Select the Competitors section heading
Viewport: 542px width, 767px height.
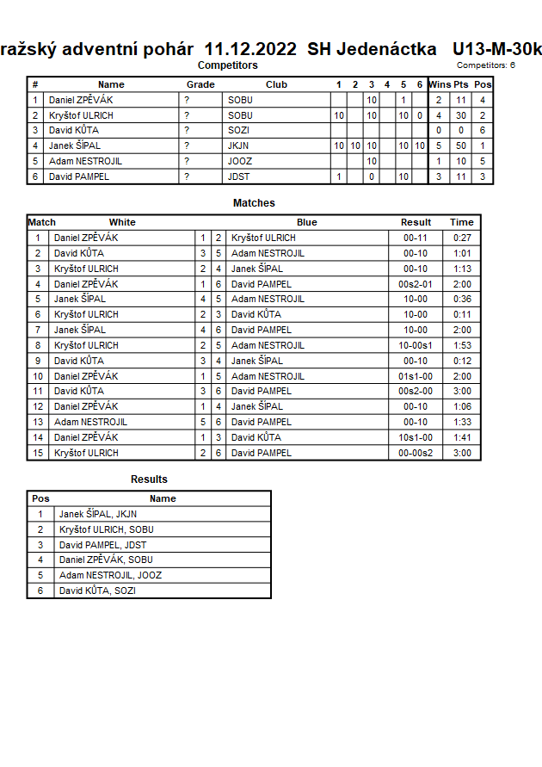pos(227,65)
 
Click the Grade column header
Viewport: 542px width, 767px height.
pos(200,84)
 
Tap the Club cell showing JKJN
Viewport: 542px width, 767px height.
pos(240,146)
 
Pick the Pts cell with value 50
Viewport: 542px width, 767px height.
pos(461,146)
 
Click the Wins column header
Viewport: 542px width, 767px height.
pos(439,84)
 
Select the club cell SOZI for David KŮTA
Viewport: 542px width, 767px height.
pos(239,131)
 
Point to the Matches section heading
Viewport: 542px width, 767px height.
pos(254,203)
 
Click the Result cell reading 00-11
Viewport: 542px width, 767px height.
pos(416,238)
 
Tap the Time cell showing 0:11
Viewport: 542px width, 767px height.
pos(462,315)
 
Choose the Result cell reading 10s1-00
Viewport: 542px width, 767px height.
pos(416,437)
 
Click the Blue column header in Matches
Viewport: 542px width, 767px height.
pos(307,222)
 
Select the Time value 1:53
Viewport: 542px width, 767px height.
pos(462,346)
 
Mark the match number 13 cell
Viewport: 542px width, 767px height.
pos(38,422)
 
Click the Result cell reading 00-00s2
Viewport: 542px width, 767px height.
pos(416,453)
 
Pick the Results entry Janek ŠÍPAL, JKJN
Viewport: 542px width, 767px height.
pos(98,515)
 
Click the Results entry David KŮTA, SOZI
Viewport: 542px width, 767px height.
pos(97,591)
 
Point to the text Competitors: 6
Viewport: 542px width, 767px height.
pos(486,65)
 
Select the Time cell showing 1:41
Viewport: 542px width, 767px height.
pos(462,437)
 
